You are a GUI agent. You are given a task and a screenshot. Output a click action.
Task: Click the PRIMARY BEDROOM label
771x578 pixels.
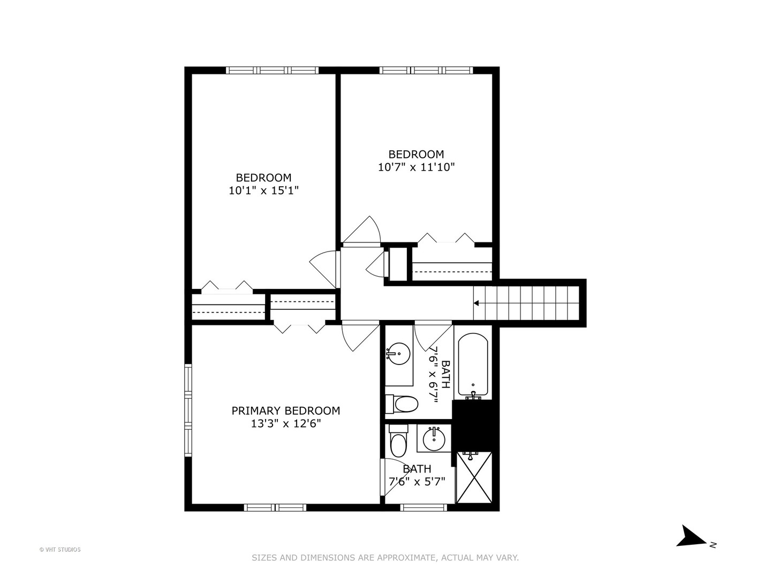[x=285, y=410]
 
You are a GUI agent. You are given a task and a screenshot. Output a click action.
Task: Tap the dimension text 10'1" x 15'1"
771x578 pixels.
[x=263, y=191]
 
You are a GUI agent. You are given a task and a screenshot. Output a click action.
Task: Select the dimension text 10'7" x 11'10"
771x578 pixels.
[x=416, y=168]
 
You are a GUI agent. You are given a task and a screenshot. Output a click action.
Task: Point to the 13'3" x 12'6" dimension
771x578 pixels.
[x=286, y=424]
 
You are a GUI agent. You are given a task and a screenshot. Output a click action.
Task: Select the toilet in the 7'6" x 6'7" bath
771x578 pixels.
[x=402, y=404]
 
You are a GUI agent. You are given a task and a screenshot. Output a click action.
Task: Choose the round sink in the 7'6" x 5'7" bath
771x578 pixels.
[x=434, y=439]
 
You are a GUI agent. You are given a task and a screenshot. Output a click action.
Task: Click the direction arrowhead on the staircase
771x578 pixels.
[x=477, y=303]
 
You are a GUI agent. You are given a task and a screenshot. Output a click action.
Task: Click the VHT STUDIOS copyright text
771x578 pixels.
[x=60, y=550]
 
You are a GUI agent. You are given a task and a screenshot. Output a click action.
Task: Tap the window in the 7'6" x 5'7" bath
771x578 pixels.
[x=424, y=507]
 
